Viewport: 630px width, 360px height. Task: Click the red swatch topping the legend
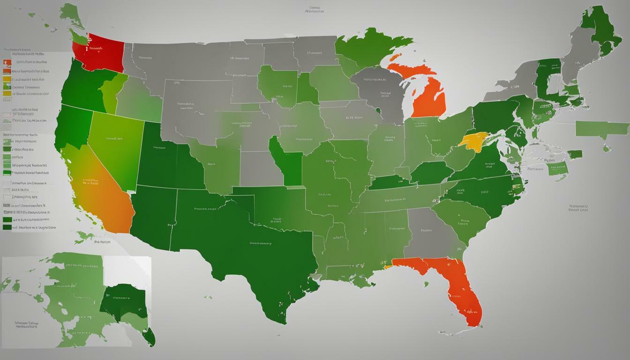(x=6, y=63)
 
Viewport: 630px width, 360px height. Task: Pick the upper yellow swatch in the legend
(x=6, y=79)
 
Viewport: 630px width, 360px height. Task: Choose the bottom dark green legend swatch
(x=7, y=227)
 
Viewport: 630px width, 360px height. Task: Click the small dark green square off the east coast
(x=575, y=154)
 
